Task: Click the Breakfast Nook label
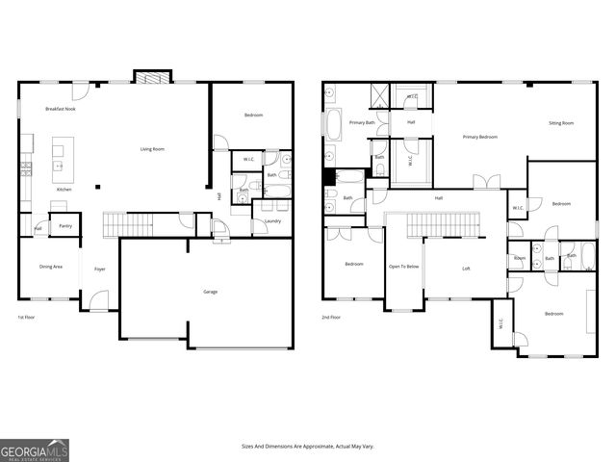click(x=61, y=110)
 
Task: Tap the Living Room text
click(x=152, y=149)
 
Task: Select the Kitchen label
click(x=64, y=190)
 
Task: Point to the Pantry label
click(x=65, y=226)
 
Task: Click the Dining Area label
click(x=51, y=267)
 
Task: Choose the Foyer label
click(x=99, y=269)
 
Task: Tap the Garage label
click(x=210, y=292)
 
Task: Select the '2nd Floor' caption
click(x=332, y=317)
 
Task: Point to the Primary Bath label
click(x=363, y=122)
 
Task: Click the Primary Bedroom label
click(x=479, y=138)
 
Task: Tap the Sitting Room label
click(x=561, y=123)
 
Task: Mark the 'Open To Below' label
click(x=403, y=267)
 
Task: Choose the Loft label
click(x=466, y=269)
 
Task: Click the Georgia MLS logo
click(x=35, y=449)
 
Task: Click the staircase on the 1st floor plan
click(x=128, y=225)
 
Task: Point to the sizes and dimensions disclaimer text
click(x=307, y=447)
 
